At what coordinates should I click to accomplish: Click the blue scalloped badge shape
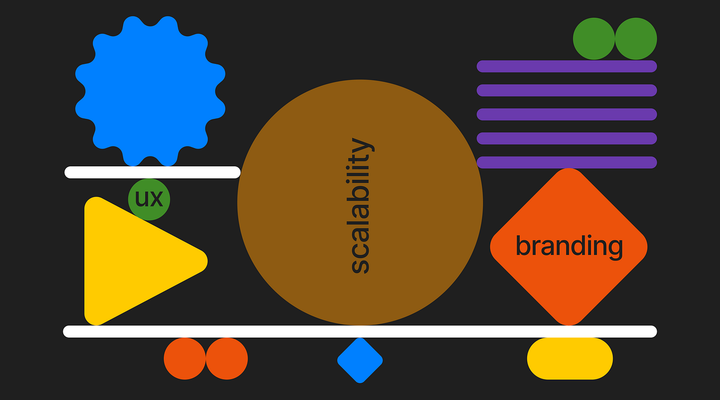click(150, 91)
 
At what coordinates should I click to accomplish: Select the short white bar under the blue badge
click(152, 172)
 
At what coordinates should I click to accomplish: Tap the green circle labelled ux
click(149, 199)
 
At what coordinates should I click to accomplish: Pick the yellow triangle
click(129, 261)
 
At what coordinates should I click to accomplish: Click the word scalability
click(360, 205)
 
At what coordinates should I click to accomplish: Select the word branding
click(569, 246)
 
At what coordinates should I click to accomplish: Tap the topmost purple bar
click(567, 66)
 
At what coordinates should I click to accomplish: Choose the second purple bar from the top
click(567, 90)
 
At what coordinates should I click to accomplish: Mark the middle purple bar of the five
click(567, 114)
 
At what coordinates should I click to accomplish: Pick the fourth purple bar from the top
click(567, 138)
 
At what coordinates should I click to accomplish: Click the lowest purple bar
click(567, 162)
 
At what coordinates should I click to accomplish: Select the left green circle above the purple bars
click(594, 39)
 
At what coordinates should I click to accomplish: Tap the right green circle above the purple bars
click(636, 39)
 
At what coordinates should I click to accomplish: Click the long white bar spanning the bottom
click(360, 331)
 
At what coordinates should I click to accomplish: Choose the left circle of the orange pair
click(184, 358)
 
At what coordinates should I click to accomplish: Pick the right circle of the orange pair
click(226, 358)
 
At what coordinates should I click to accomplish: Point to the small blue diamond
click(360, 360)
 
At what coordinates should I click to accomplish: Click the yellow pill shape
click(570, 358)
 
